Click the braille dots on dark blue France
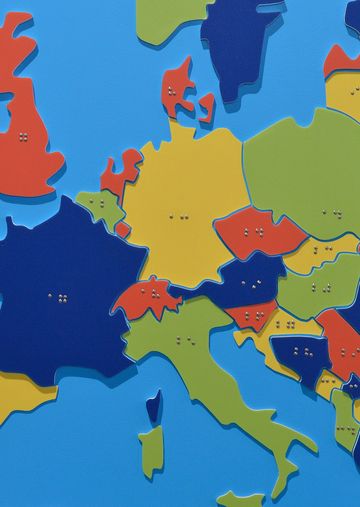pos(59,297)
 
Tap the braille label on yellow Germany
pos(180,215)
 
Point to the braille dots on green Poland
pos(331,213)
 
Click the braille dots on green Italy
pos(185,340)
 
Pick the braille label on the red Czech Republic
pos(254,232)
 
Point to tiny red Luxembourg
pos(122,229)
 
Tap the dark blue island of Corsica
pos(153,406)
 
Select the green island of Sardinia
pos(151,451)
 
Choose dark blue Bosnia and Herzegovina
pos(299,351)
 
